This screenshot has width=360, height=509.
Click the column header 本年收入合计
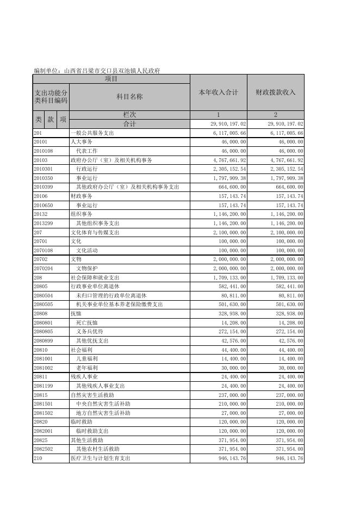click(x=218, y=92)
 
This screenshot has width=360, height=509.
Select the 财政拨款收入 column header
click(x=275, y=92)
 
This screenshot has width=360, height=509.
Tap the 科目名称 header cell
click(x=129, y=97)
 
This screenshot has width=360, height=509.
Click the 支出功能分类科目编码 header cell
click(x=51, y=97)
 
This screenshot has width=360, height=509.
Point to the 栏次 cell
click(x=129, y=115)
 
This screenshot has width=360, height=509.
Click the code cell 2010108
click(x=43, y=151)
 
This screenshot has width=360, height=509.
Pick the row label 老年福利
click(x=87, y=368)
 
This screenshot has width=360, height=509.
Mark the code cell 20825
click(x=40, y=440)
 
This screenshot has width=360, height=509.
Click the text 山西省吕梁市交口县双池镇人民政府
click(x=112, y=71)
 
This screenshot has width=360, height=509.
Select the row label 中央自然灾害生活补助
click(x=103, y=404)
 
